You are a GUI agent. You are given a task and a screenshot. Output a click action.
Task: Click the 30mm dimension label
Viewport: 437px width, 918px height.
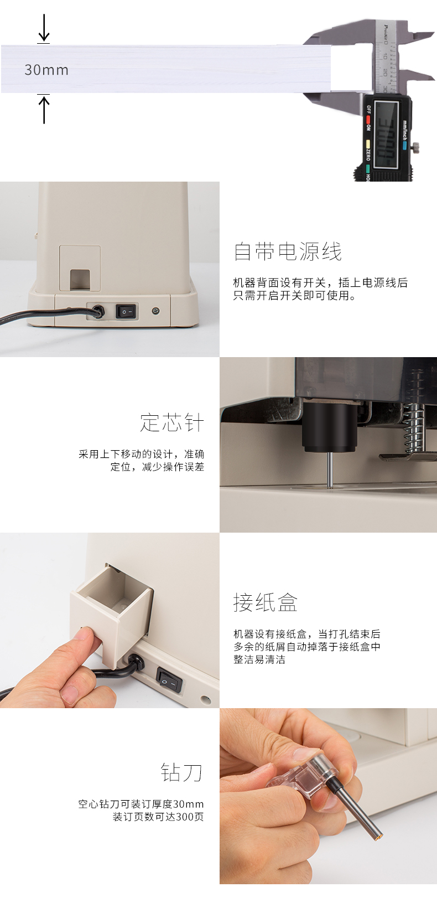click(x=46, y=70)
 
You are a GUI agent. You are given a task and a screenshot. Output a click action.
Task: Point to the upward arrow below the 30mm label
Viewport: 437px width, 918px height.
click(x=44, y=109)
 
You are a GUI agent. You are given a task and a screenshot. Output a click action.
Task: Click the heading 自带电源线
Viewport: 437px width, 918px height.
click(x=288, y=251)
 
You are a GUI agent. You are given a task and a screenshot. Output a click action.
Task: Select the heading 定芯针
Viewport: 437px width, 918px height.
click(x=172, y=422)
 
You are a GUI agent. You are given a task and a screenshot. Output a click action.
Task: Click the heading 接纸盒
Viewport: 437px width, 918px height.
click(x=266, y=602)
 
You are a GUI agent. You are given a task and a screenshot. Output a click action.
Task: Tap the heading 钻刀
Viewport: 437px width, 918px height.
click(x=182, y=772)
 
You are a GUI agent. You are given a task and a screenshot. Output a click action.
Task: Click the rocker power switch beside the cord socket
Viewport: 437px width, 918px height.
click(x=127, y=312)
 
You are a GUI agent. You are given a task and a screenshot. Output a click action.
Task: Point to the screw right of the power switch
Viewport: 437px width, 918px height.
click(x=155, y=311)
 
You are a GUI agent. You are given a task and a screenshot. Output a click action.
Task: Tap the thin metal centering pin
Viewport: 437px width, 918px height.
click(x=330, y=470)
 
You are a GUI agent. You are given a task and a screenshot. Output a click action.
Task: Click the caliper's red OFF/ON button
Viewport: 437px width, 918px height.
click(x=368, y=120)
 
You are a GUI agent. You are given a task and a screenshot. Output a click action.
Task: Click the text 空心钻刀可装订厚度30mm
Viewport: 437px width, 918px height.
click(x=141, y=804)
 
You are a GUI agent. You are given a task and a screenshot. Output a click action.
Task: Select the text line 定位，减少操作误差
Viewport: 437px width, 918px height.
click(x=157, y=467)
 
